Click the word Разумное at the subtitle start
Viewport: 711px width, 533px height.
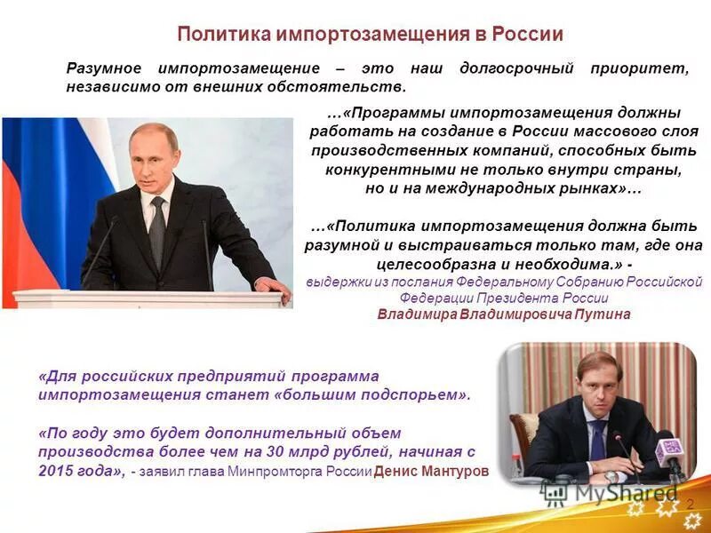click(106, 68)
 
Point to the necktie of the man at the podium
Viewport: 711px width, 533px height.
click(157, 230)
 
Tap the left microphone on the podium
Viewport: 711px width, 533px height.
click(100, 248)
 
